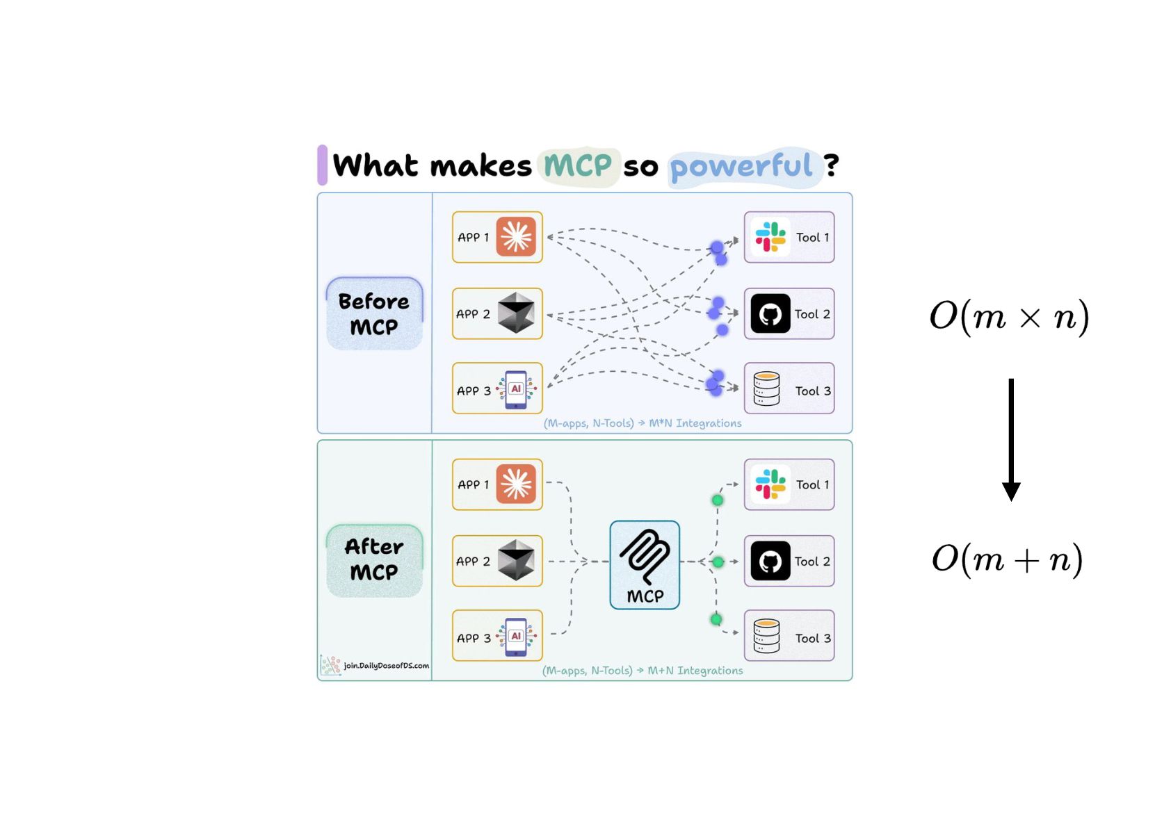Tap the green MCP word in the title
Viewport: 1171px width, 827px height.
tap(578, 165)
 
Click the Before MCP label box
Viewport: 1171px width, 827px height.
tap(374, 313)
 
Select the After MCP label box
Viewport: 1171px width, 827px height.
tap(374, 561)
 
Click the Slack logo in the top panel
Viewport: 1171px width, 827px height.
tap(770, 237)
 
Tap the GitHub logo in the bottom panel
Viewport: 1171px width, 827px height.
tap(770, 561)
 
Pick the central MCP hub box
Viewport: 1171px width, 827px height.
tap(645, 565)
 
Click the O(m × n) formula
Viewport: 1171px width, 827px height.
tap(1009, 317)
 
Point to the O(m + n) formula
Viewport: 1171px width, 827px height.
tap(1007, 560)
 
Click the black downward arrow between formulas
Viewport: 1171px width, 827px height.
tap(1011, 439)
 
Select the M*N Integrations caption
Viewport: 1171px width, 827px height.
tap(695, 423)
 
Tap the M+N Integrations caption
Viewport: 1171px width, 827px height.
tap(695, 670)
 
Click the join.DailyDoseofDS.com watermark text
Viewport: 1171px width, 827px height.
tap(387, 666)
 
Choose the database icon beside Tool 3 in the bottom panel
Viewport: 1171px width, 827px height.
tap(766, 636)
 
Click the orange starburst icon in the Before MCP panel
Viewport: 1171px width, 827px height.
tap(516, 237)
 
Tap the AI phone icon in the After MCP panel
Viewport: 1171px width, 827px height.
tap(516, 637)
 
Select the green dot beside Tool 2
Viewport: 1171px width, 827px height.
tap(718, 562)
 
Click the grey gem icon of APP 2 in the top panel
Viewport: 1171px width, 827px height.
tap(516, 313)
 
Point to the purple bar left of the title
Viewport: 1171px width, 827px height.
tap(322, 165)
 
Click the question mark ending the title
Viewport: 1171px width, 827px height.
tap(831, 165)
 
